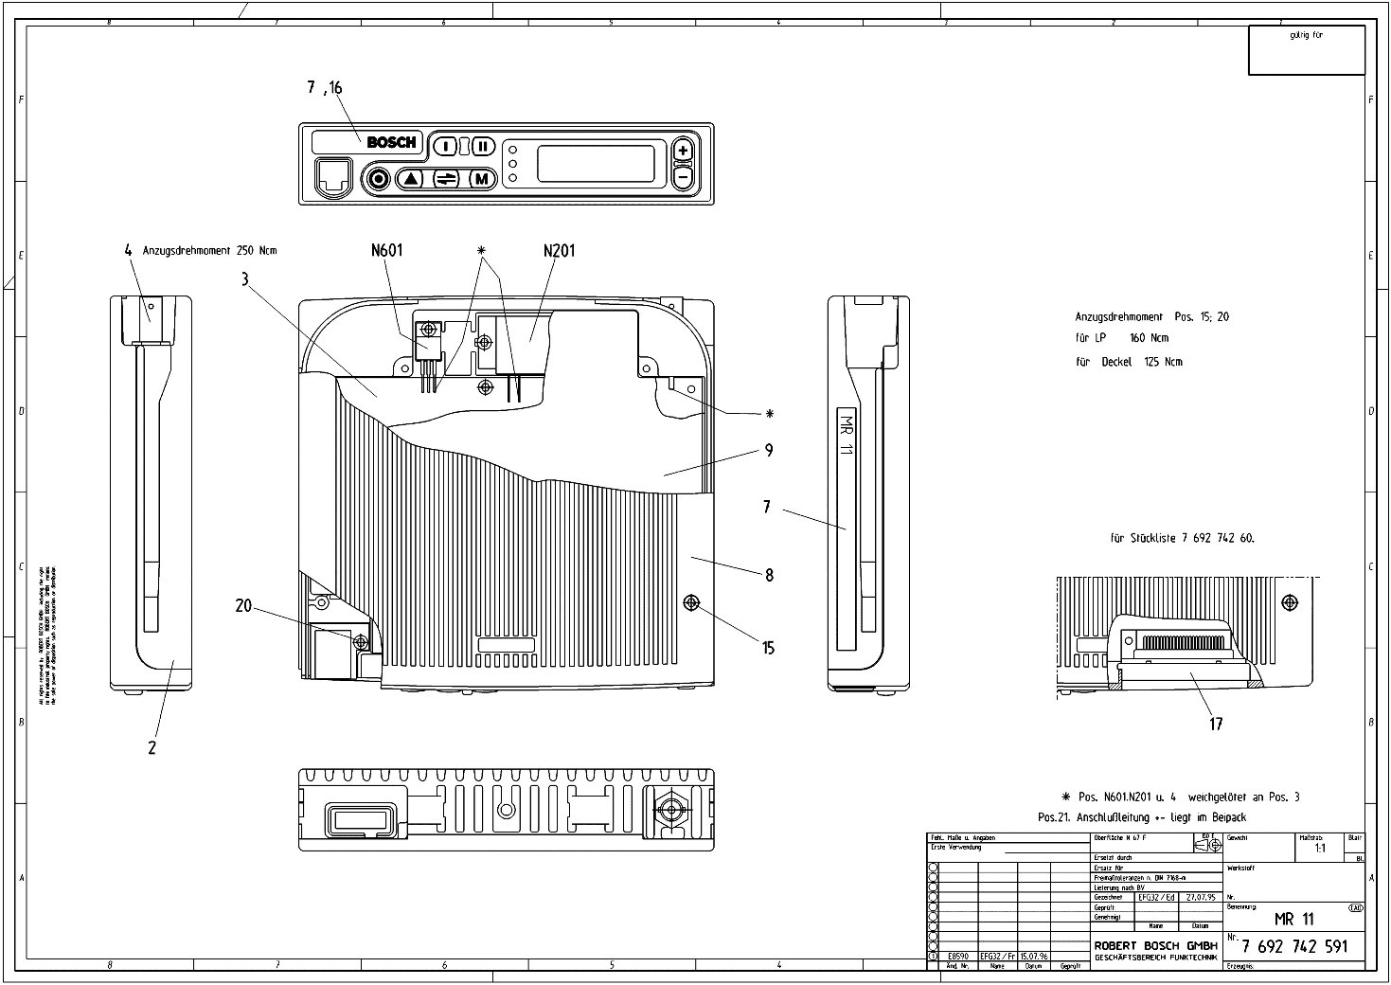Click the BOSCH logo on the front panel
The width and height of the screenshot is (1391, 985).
391,143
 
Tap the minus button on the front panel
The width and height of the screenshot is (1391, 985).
683,177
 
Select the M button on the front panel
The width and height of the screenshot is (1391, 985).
482,178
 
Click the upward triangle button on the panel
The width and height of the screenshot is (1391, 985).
411,178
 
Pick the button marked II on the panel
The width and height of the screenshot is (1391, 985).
483,146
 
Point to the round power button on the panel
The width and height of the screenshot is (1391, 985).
379,178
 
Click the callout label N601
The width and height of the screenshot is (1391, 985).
386,251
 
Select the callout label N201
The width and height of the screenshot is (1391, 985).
559,251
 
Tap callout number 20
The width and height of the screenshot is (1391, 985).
243,605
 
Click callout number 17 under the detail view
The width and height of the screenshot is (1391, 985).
1216,724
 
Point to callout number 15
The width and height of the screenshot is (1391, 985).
768,648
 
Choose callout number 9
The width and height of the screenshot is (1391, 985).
769,451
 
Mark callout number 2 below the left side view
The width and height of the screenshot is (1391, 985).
152,747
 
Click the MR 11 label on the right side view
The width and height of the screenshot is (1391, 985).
847,435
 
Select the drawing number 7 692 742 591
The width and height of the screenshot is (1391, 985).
1293,946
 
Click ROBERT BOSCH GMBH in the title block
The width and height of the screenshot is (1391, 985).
1156,945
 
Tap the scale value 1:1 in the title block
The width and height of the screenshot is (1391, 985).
1319,849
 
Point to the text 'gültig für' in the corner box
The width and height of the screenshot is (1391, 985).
1306,35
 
